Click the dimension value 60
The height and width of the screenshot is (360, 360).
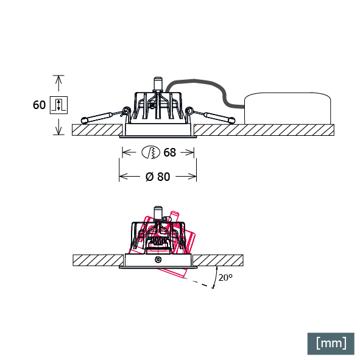[x=39, y=105]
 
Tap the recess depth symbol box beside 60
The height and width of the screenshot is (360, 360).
[x=58, y=105]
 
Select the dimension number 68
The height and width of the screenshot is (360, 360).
[x=170, y=152]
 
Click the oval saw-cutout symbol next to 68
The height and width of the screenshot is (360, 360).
[x=150, y=152]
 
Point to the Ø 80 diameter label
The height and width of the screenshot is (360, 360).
[x=158, y=177]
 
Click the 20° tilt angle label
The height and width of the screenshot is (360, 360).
[x=225, y=278]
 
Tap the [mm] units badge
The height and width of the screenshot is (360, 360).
[x=331, y=344]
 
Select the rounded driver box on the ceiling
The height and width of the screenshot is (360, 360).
[x=288, y=108]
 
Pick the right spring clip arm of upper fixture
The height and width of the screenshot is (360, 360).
[x=211, y=116]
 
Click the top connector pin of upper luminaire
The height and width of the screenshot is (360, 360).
[x=158, y=84]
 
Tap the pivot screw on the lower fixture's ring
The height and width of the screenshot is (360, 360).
[x=158, y=259]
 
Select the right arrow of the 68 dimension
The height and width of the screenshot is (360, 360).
[x=188, y=152]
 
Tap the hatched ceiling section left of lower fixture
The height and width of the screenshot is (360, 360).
[x=98, y=260]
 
